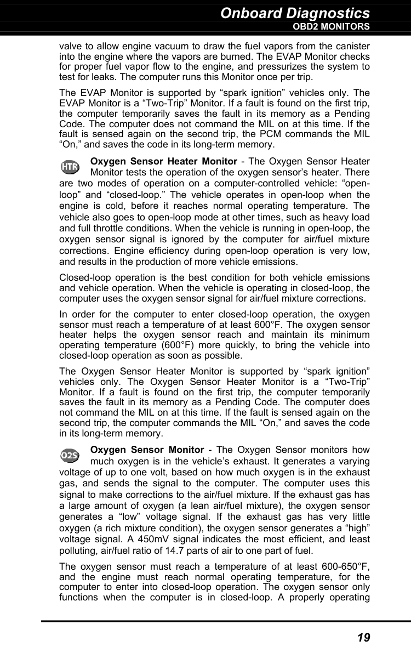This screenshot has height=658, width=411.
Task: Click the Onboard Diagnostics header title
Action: [x=295, y=13]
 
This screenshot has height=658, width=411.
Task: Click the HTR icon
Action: [x=70, y=166]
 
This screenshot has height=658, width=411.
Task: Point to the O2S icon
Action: [x=70, y=455]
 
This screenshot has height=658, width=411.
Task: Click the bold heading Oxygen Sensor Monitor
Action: [x=147, y=450]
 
